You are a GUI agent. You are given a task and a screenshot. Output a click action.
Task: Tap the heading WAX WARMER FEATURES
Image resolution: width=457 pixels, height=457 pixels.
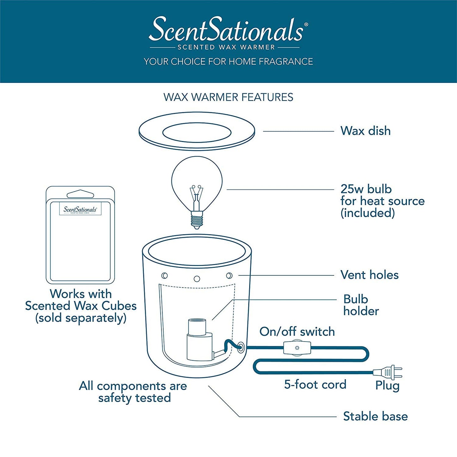tap(228, 97)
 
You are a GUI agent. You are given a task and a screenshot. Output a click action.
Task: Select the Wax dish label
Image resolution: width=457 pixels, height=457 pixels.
tap(365, 131)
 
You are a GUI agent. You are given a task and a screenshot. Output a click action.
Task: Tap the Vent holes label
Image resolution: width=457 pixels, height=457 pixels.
tap(369, 275)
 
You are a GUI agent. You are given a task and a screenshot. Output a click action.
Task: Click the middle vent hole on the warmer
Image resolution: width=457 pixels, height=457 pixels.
tap(197, 279)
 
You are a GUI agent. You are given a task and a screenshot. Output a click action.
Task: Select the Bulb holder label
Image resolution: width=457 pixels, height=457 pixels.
tap(361, 305)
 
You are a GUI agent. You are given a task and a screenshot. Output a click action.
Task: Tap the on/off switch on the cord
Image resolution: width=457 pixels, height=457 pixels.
tap(297, 348)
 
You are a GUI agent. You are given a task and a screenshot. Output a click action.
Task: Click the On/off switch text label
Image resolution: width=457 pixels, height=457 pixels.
tap(297, 331)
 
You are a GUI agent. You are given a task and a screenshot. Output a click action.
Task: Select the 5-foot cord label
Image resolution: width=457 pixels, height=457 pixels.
tap(315, 385)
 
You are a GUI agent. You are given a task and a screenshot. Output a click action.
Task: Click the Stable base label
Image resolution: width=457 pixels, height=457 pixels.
tap(375, 416)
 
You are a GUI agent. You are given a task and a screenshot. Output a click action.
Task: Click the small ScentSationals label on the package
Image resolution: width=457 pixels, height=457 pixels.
tap(80, 210)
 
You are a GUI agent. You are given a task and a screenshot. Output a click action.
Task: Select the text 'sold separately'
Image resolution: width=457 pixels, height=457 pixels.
tap(81, 318)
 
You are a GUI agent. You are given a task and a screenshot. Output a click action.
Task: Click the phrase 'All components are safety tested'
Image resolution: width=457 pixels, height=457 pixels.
tap(133, 392)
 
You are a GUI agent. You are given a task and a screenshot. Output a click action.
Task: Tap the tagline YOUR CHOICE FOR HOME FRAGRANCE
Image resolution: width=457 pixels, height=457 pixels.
tap(228, 61)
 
